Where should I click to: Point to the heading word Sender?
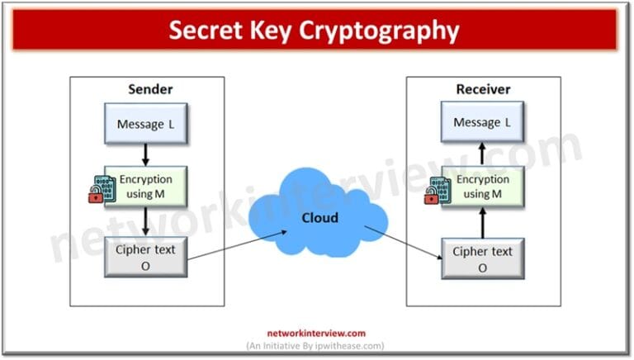[x=149, y=89]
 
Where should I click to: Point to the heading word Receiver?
[x=484, y=89]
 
